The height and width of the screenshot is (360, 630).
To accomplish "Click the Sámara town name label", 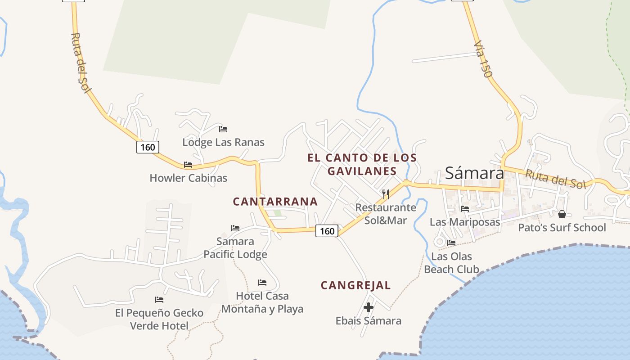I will coord(474,173).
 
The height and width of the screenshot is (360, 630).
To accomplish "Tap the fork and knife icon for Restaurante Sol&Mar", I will coord(385,194).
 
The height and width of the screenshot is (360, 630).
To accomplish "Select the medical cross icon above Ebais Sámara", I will coord(369,308).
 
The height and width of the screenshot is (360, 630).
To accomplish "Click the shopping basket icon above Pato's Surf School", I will coord(562,214).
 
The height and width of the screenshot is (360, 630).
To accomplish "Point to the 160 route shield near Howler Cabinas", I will coord(148,147).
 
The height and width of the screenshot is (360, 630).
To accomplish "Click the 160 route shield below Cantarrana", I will coord(327,231).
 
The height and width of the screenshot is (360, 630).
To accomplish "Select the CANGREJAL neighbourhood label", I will coord(355,285).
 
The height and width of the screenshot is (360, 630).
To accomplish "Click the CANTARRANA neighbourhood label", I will coord(275,202).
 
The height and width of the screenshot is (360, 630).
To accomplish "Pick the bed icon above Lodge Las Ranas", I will coord(223,129).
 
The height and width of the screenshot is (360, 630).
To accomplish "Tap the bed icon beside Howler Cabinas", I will coord(188,165).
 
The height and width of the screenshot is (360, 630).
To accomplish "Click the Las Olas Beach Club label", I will coord(451,263).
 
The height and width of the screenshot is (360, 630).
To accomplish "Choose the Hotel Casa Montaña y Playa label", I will coord(262,302).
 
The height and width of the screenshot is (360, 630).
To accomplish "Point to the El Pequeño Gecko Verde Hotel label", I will coord(159,319).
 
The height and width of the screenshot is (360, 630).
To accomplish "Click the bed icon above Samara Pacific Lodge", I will coord(235,228).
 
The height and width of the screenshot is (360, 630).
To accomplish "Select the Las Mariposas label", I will coord(465,222).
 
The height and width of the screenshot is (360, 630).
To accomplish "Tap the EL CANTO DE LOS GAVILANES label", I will coord(362,164).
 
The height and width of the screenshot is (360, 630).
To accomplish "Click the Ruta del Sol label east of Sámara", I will coord(555,179).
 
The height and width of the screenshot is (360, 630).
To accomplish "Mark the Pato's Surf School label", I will coord(562,227).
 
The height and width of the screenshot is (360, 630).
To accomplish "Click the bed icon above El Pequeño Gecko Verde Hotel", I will coord(159,300).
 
